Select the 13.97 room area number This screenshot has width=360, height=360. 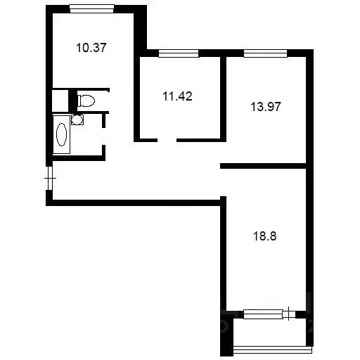click(x=264, y=107)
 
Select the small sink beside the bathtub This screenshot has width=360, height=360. click(x=77, y=120)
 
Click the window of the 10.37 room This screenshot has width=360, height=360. click(x=92, y=8)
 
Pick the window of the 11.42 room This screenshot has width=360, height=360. click(x=178, y=53)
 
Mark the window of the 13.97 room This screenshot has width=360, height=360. click(x=265, y=53)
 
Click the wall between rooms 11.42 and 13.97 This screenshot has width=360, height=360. click(x=222, y=95)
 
